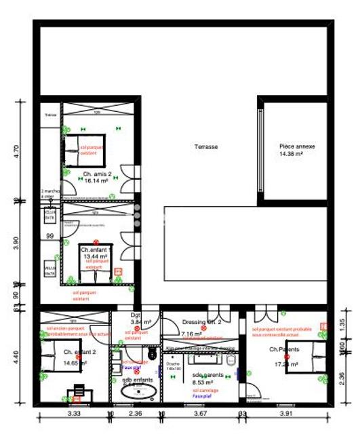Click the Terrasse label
click(205, 146)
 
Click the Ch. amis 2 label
click(97, 174)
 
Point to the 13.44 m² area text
click(96, 257)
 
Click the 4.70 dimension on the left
click(17, 151)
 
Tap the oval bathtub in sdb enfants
click(136, 395)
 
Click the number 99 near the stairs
click(49, 236)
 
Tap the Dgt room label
click(135, 315)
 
